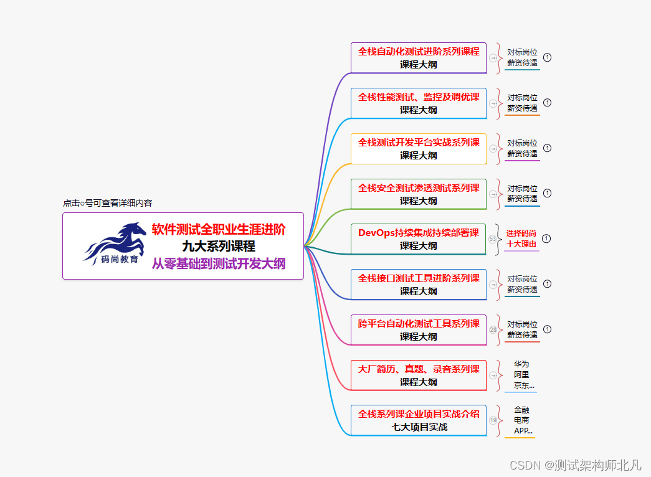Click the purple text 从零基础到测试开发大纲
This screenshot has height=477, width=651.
(219, 263)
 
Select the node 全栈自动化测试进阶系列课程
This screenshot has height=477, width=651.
(419, 57)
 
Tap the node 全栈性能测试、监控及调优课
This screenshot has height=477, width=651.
(419, 103)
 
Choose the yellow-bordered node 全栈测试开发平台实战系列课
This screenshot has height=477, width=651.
(419, 148)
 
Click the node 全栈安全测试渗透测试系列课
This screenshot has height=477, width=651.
(419, 194)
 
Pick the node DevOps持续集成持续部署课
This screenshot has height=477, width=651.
(419, 238)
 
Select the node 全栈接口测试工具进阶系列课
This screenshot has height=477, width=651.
(419, 284)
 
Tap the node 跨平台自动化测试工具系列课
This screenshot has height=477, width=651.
(419, 329)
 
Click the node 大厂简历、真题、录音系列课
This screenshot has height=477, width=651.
(419, 375)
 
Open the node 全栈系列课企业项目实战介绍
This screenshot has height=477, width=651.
(419, 420)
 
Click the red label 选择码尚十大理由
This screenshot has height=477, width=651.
(521, 238)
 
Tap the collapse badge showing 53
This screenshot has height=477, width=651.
(493, 238)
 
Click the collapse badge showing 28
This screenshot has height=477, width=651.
(493, 329)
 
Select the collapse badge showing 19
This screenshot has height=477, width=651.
(493, 420)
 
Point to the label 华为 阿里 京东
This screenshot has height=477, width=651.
(522, 375)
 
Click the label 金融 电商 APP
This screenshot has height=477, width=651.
(522, 420)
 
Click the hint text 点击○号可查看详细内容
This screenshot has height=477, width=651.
(107, 203)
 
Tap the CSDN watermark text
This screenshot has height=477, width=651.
(575, 465)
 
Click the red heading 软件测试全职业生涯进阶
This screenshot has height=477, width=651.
(219, 230)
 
